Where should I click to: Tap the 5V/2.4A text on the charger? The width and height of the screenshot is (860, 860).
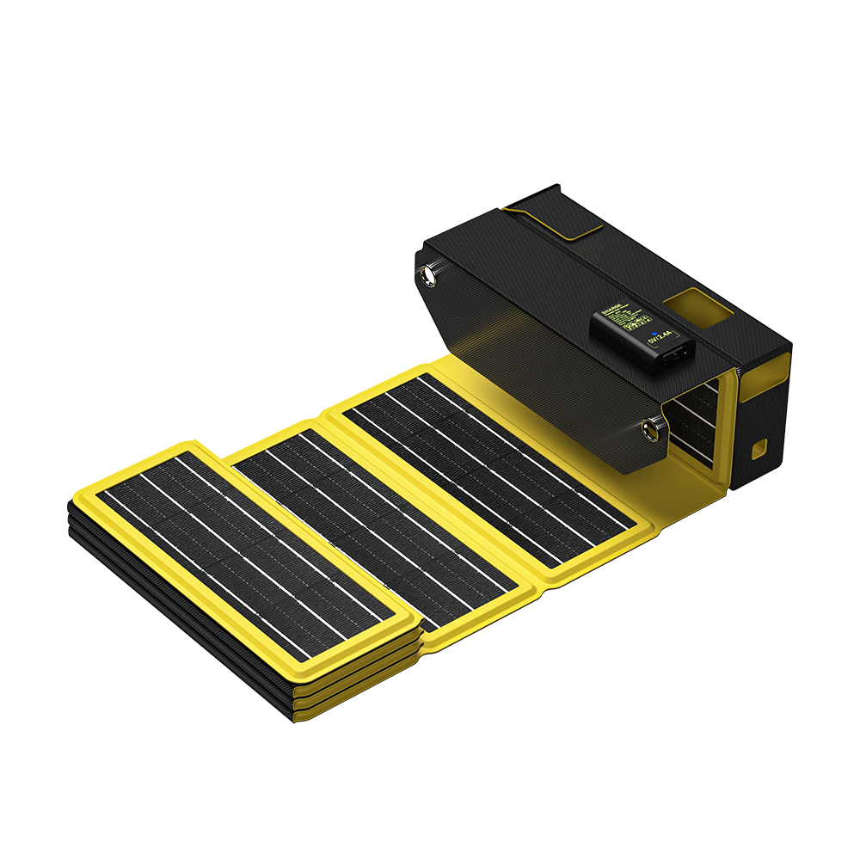pyautogui.click(x=661, y=341)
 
